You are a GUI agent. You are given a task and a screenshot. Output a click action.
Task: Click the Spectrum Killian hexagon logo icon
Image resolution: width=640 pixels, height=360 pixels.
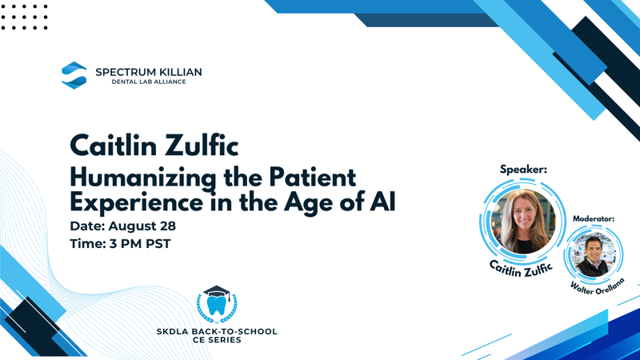[74, 75]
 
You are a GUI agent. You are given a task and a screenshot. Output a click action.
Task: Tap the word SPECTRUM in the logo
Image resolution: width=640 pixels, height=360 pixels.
[122, 72]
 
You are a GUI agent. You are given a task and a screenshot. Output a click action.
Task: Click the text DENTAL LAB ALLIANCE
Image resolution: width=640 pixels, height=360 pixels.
[149, 82]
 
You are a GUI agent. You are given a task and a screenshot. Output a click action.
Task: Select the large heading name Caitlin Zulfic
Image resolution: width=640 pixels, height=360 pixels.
[154, 146]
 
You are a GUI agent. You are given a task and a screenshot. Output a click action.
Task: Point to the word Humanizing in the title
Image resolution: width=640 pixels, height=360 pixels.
[143, 178]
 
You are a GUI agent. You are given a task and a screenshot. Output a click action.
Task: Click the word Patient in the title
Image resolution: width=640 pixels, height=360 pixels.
[312, 177]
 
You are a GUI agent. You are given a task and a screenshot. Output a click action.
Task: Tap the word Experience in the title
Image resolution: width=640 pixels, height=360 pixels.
[136, 202]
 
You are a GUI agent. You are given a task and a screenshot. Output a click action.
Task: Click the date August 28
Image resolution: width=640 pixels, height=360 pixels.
[142, 226]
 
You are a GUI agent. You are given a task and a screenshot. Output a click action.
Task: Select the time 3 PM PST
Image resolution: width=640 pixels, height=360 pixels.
[140, 244]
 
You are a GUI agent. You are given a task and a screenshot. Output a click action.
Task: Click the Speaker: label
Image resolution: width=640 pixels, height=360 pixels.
[523, 170]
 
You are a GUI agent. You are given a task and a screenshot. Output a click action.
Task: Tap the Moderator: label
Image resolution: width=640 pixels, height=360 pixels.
[594, 218]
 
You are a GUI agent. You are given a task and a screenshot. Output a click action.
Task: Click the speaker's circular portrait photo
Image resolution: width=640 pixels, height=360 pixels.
[523, 222]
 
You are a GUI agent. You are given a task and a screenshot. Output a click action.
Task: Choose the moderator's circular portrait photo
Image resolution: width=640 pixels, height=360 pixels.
[594, 254]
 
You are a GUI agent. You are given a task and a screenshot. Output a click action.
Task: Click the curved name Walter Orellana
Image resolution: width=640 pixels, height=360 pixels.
[598, 286]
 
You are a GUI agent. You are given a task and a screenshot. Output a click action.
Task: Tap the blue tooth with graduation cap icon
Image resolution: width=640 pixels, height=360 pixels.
[217, 304]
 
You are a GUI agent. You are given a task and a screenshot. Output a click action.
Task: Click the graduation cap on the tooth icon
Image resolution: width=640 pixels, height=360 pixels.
[217, 291]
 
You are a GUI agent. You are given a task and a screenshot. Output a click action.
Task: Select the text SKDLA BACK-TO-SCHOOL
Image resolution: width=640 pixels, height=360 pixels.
[217, 331]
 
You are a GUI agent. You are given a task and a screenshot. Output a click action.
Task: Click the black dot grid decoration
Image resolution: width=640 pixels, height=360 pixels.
[25, 17]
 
